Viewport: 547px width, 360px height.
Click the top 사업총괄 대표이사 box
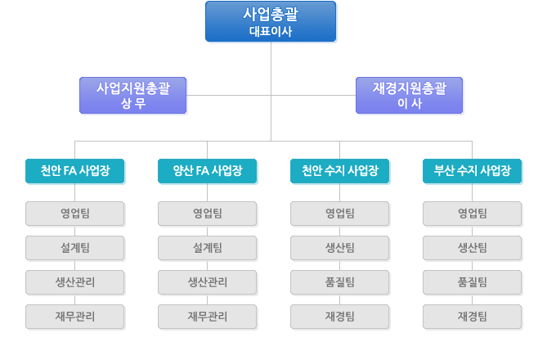point(271,21)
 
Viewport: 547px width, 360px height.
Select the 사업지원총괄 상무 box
point(133,96)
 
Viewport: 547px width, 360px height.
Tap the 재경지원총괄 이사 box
point(409,96)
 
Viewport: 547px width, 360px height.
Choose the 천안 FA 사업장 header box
point(75,171)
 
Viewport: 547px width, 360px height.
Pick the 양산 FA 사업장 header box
point(208,171)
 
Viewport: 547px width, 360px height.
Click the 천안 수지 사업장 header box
point(340,171)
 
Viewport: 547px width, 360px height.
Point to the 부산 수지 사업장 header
point(473,171)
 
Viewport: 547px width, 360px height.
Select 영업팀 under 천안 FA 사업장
point(75,214)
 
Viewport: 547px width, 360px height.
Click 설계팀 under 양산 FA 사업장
point(208,248)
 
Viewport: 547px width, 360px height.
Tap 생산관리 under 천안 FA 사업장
point(75,282)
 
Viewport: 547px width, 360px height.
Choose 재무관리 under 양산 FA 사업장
point(208,317)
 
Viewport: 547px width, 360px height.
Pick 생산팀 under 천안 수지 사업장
point(340,248)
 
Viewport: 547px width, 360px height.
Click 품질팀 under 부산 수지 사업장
point(473,282)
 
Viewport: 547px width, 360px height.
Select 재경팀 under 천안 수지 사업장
point(340,317)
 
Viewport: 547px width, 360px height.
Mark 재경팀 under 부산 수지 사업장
point(473,317)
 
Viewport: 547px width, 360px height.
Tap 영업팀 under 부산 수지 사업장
point(473,214)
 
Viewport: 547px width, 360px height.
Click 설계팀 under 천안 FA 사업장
point(75,248)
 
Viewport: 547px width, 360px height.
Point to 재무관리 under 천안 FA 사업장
point(75,317)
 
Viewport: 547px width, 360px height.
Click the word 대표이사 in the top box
point(271,31)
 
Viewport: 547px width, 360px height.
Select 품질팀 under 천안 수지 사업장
point(340,282)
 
